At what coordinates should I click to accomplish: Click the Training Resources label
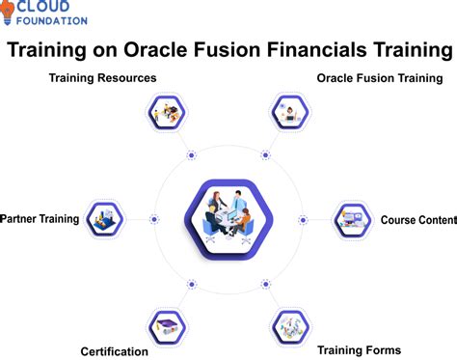coord(103,77)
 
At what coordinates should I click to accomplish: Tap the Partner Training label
coord(40,219)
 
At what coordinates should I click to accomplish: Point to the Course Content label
coord(417,220)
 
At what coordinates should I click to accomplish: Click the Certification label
coord(115,351)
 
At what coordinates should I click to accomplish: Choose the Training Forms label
coord(360,349)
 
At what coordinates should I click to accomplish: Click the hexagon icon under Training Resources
coord(166,114)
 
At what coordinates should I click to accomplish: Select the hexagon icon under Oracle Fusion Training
coord(289,114)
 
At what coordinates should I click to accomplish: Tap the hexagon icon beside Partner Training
coord(104,219)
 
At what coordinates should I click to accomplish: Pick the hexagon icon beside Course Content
coord(351,219)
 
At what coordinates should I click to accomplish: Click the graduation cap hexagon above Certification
coord(166,325)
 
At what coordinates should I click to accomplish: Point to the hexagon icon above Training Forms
coord(289,325)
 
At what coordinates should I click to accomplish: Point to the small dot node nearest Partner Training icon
coord(153,219)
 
